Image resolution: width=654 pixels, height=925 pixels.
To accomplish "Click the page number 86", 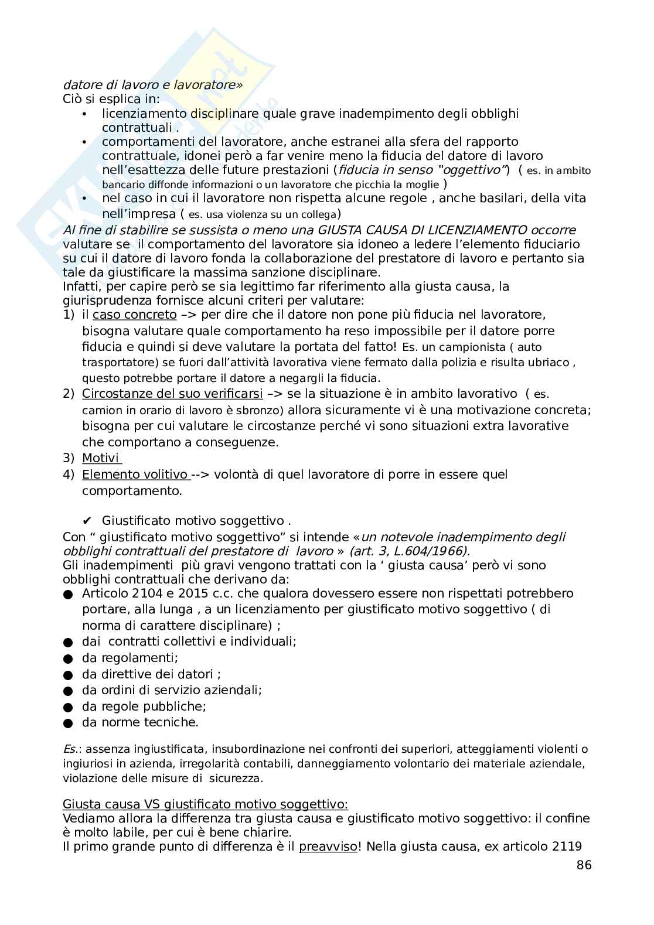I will click(584, 865).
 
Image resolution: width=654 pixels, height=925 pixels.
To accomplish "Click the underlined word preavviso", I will click(328, 847).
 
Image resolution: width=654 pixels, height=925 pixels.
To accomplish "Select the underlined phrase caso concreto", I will click(134, 315).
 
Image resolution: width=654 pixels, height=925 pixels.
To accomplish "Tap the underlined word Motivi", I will click(100, 458).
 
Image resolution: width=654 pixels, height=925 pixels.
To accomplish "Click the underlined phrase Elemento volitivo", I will click(134, 475).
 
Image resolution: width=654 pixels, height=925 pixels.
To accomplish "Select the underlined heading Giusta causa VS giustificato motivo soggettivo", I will click(205, 804).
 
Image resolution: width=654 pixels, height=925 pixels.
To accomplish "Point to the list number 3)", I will click(69, 458).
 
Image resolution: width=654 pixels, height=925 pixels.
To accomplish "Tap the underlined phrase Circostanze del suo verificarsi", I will click(172, 394).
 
